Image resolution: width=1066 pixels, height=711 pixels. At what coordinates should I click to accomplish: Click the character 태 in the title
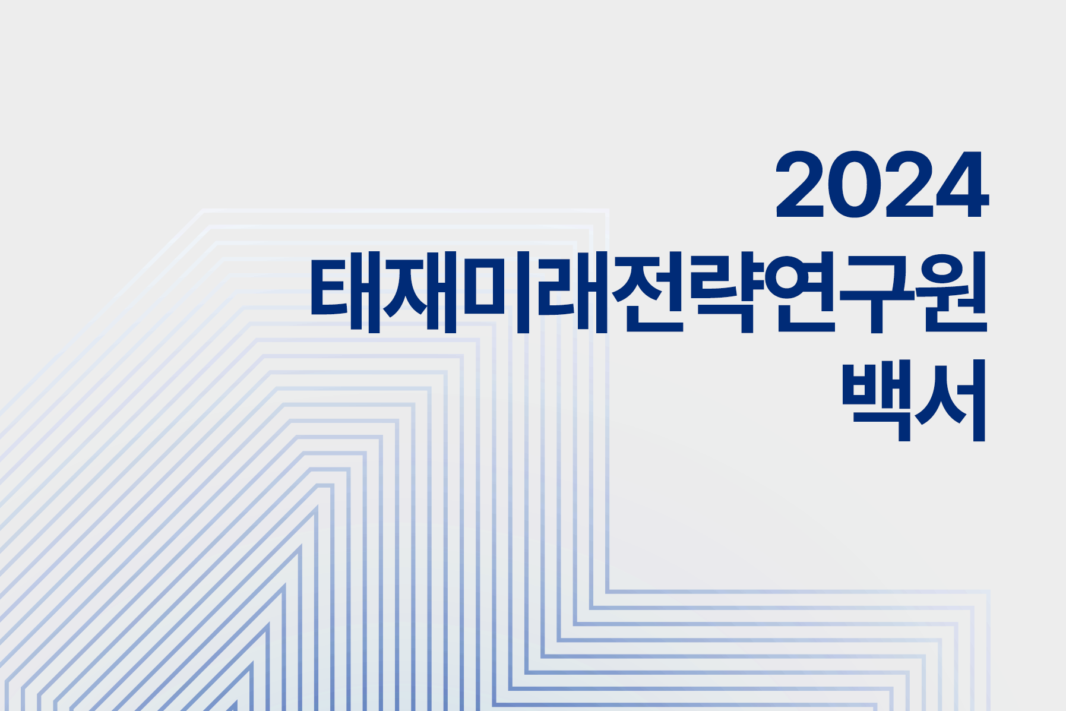(346, 292)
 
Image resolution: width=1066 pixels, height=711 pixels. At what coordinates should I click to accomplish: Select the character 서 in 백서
(950, 400)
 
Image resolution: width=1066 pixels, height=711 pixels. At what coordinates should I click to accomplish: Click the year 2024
(882, 184)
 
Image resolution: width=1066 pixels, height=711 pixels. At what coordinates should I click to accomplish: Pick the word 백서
(914, 400)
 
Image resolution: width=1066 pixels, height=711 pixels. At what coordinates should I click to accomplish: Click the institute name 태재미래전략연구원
(649, 292)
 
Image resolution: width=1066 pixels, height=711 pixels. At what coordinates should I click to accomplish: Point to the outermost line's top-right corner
(607, 210)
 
